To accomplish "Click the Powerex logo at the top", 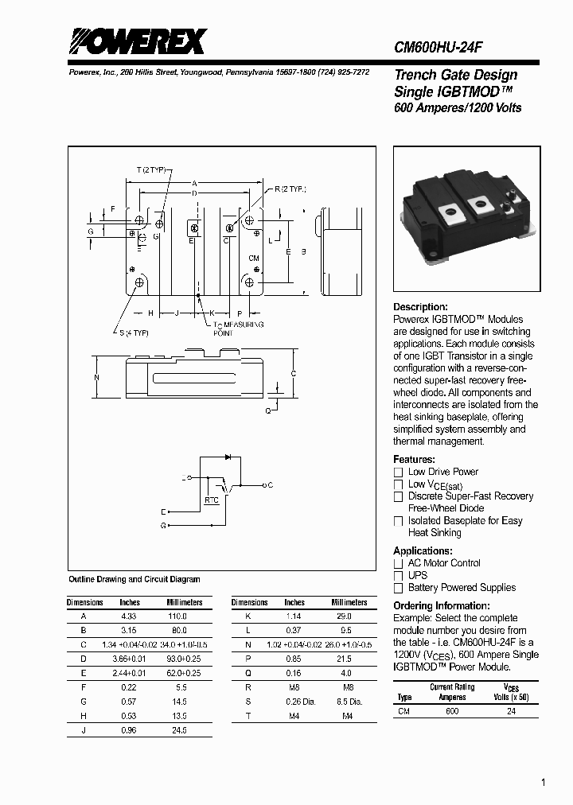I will point(137,41).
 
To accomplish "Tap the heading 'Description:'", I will point(420,307).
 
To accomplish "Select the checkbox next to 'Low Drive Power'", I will point(399,472).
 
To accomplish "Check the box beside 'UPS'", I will point(399,576).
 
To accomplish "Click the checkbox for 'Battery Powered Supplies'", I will point(399,588).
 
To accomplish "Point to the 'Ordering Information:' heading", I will point(441,606).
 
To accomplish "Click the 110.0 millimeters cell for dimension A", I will point(177,616).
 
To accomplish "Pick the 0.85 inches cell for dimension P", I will point(294,659).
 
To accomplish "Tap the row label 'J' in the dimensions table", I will point(84,730).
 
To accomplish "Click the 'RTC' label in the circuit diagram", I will point(211,500).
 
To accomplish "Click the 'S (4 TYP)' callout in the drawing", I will point(134,332).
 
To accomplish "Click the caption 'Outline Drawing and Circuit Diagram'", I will point(134,580).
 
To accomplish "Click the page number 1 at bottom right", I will point(543,783).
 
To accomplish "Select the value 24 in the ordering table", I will point(511,711).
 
